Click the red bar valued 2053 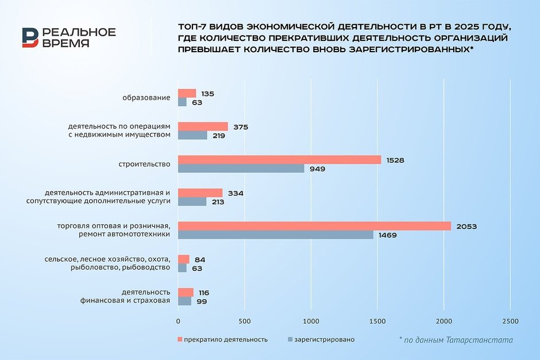[314, 226]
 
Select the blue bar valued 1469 [275, 235]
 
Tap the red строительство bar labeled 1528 [279, 160]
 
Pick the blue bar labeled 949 [241, 169]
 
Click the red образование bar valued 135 [187, 94]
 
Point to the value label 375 [241, 127]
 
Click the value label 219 [218, 136]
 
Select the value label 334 [236, 193]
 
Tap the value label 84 [200, 260]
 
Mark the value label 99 [202, 301]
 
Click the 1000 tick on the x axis [311, 321]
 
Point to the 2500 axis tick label [510, 321]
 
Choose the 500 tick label [244, 321]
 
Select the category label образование [146, 98]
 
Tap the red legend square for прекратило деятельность [180, 340]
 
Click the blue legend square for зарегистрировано [290, 340]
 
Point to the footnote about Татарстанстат [456, 340]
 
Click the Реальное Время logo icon [30, 37]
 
